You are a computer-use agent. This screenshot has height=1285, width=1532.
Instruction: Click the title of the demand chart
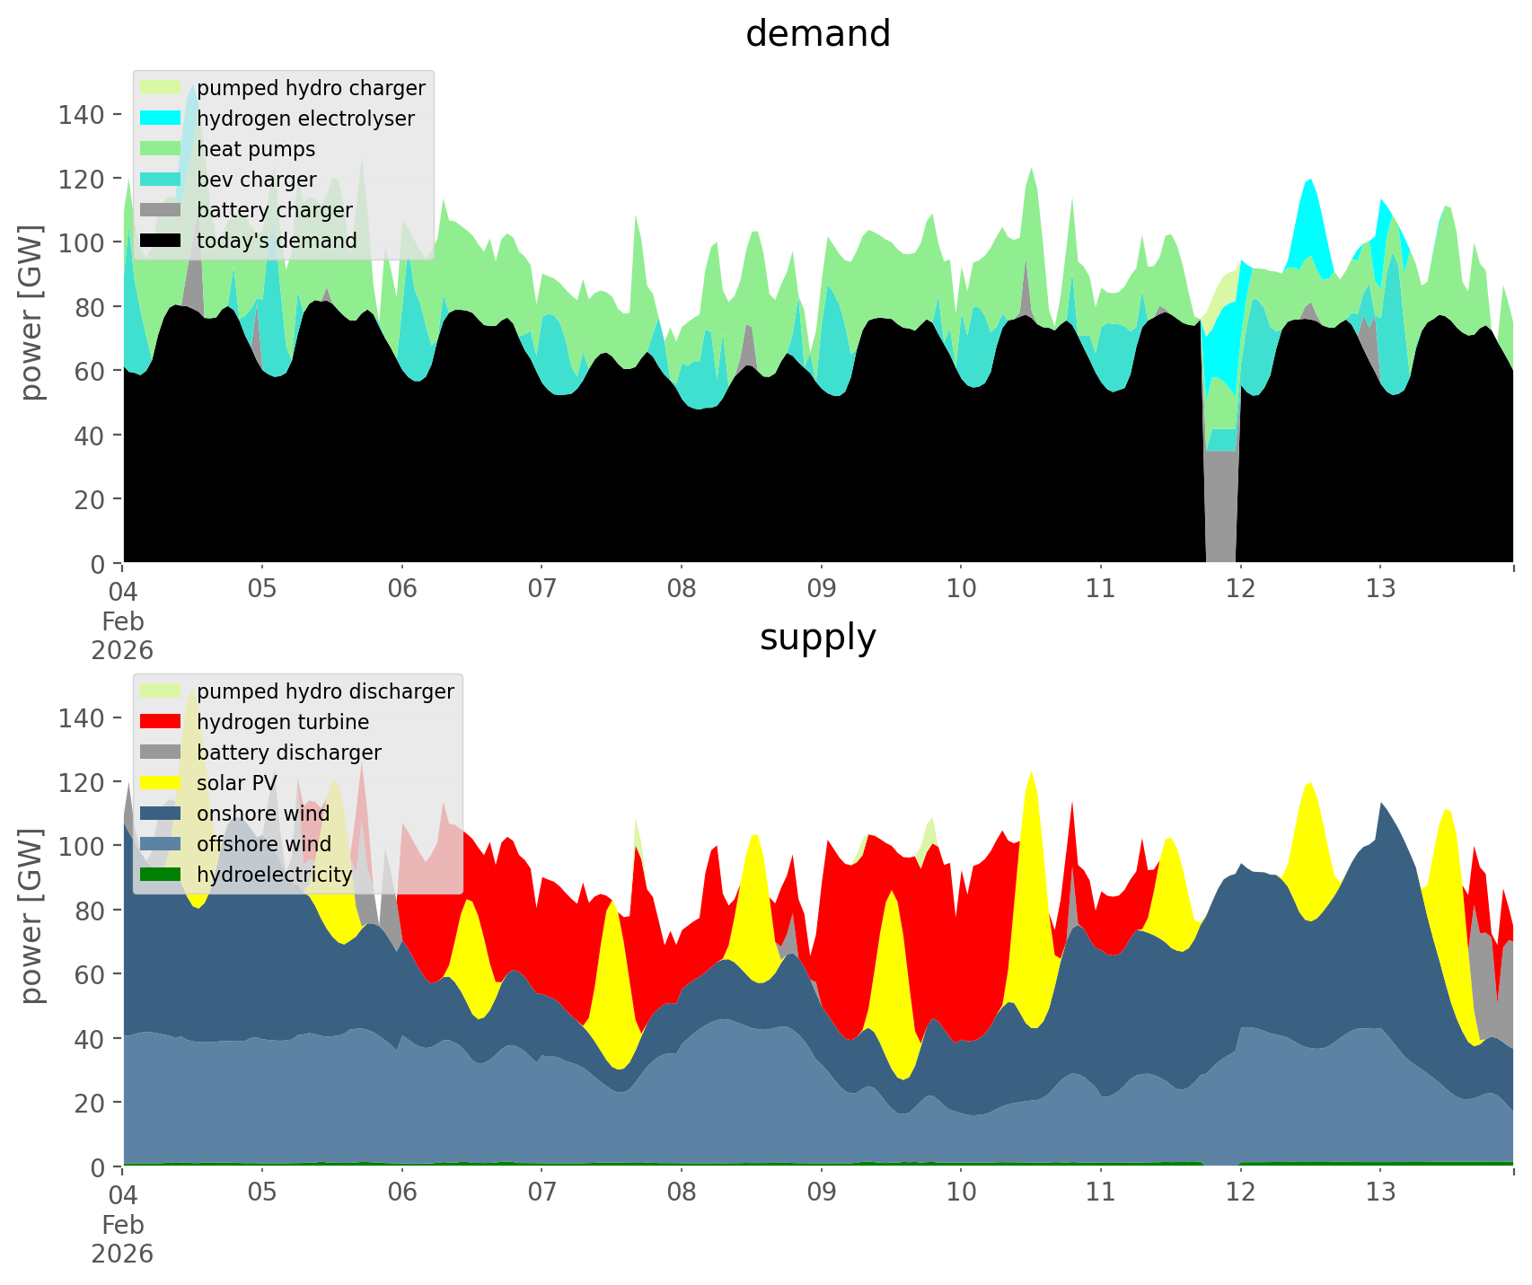(x=817, y=34)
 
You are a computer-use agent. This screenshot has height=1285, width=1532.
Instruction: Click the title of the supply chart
(x=817, y=638)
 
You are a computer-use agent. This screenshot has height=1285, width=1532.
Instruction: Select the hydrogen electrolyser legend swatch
(x=162, y=119)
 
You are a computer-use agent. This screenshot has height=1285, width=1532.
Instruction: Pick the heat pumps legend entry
(x=256, y=149)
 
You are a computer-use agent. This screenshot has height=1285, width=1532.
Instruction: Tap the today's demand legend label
(x=277, y=241)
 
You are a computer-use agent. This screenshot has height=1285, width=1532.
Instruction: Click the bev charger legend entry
(x=256, y=180)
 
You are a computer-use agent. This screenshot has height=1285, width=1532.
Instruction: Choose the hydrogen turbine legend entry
(x=282, y=722)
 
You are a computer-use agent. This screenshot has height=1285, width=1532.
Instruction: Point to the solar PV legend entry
(x=236, y=783)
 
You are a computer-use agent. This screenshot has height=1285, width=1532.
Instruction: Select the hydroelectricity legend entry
(x=274, y=875)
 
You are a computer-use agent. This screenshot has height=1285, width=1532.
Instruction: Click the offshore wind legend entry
(x=263, y=844)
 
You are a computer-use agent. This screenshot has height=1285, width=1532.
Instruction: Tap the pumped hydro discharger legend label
(x=325, y=691)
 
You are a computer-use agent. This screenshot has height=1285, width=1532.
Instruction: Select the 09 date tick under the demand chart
(x=821, y=589)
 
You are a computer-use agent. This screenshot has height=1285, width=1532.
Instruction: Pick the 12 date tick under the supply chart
(x=1240, y=1193)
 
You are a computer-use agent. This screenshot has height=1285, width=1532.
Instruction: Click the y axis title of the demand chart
(x=31, y=312)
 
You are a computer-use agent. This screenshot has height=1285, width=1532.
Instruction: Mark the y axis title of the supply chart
(x=31, y=916)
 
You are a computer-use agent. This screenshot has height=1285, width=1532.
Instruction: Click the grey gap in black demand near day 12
(x=1220, y=512)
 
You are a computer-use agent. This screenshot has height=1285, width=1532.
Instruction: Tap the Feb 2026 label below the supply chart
(x=122, y=1239)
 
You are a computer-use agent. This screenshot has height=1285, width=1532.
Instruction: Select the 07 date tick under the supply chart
(x=541, y=1193)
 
